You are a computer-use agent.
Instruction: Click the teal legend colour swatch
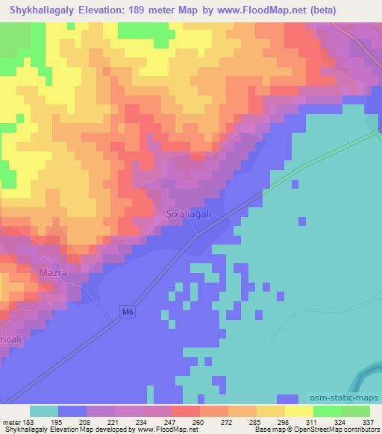(44, 411)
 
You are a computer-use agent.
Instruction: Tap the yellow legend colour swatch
(298, 411)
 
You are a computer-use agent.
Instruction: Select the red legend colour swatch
(186, 411)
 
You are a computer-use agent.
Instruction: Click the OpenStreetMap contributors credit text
(343, 430)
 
